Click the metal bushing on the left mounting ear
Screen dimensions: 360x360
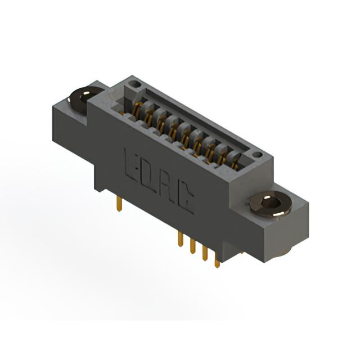(84, 100)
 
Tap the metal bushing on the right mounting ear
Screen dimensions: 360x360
(271, 203)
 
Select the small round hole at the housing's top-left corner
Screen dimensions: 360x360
(135, 84)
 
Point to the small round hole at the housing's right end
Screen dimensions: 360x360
(257, 155)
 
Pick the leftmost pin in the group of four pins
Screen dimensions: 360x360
(181, 239)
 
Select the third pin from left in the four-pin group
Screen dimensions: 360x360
(205, 253)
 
